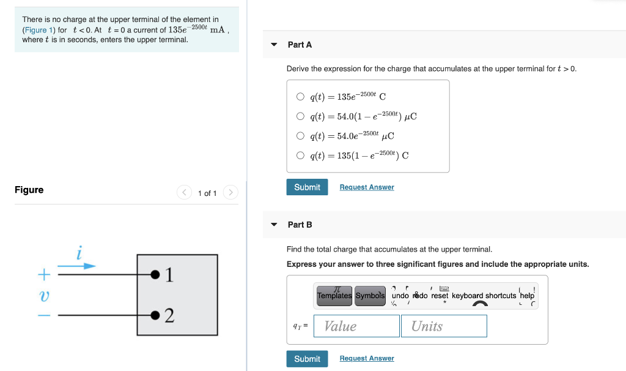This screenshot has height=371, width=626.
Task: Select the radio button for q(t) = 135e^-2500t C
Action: pos(300,96)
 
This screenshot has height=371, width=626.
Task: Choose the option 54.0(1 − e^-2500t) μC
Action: pos(300,116)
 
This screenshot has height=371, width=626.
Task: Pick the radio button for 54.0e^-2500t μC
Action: pos(300,135)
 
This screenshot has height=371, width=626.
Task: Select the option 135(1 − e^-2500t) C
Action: pos(300,155)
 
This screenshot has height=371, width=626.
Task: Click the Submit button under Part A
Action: pos(307,187)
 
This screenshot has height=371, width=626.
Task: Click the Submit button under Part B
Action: pos(307,359)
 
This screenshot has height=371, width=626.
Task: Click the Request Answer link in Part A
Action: pos(367,187)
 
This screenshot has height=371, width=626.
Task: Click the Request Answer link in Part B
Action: pos(367,359)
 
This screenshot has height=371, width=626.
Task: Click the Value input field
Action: pos(356,326)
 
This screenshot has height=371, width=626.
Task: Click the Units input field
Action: pos(444,326)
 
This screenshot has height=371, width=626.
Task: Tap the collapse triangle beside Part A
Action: pos(274,45)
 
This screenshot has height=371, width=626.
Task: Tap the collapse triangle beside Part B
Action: pos(274,225)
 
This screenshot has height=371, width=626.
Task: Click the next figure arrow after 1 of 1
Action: pos(230,193)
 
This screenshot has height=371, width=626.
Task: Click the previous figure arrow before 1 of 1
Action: pos(184,193)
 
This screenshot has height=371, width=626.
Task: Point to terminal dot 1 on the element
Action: pos(155,274)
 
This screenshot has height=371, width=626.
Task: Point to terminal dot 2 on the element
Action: pos(155,315)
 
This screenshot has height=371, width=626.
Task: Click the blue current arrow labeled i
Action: pos(78,266)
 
